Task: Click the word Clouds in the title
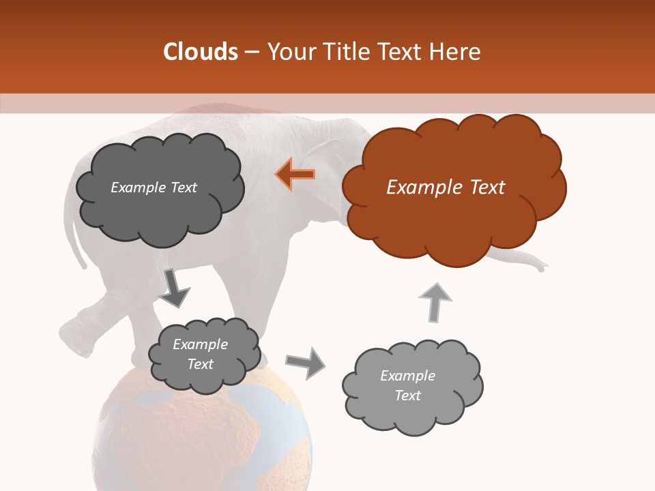tap(201, 52)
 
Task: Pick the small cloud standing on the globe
tap(204, 355)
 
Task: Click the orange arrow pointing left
tap(295, 174)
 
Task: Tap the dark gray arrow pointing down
tap(174, 288)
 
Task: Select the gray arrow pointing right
tap(306, 362)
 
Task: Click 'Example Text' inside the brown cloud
tap(446, 188)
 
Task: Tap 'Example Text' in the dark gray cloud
tap(154, 188)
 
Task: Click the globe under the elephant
tap(201, 436)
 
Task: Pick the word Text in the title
tap(402, 52)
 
